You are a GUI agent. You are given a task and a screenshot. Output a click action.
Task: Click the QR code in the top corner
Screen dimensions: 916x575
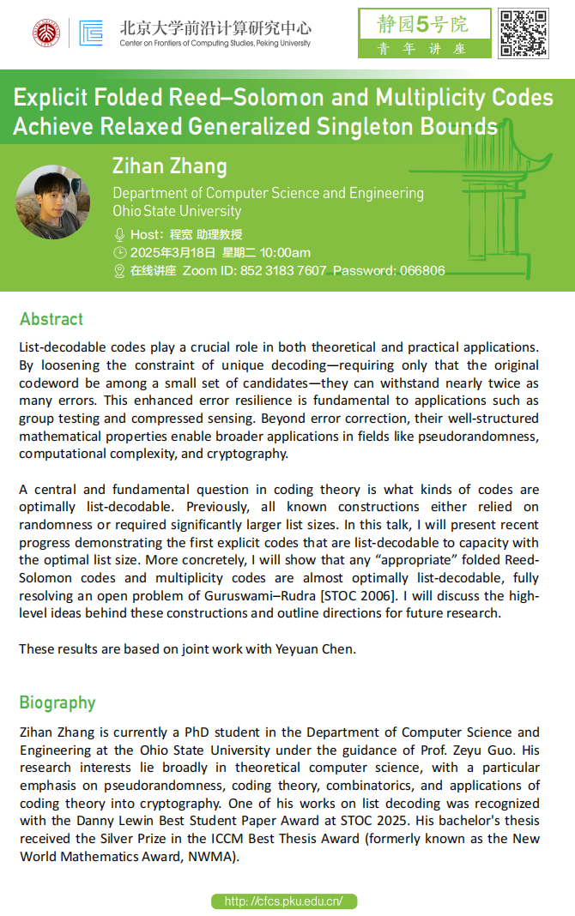click(524, 33)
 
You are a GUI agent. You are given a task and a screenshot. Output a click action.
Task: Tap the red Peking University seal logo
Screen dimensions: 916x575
click(46, 33)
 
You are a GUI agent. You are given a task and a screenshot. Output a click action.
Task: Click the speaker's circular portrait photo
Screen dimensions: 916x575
click(53, 202)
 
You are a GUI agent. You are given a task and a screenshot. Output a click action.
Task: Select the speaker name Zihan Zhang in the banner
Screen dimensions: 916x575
click(169, 166)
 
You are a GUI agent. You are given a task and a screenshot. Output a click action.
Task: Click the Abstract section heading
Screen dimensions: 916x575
click(51, 319)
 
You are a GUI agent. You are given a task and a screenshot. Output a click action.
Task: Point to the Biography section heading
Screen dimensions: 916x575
click(57, 702)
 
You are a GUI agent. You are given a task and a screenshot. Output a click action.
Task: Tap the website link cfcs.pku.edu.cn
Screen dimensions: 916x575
click(283, 901)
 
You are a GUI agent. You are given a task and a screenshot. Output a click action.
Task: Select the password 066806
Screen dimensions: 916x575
click(422, 271)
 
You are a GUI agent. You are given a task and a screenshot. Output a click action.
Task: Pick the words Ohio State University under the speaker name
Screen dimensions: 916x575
click(177, 211)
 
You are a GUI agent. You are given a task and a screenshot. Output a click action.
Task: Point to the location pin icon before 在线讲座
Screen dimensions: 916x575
click(119, 271)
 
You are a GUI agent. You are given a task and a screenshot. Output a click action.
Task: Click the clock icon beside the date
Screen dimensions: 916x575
click(119, 252)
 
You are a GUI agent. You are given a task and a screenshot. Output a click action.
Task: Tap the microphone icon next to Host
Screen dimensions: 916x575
click(119, 234)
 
